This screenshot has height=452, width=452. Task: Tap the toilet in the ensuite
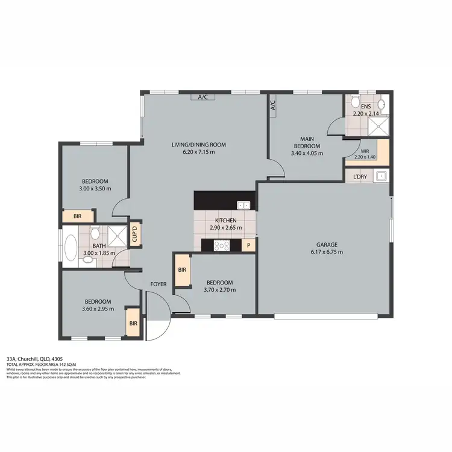pos(357,101)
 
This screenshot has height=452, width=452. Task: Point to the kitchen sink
pos(243,205)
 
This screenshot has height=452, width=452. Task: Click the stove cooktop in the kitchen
pos(222,245)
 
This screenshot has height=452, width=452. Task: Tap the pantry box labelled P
pos(248,245)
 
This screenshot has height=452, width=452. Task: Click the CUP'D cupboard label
pos(136,233)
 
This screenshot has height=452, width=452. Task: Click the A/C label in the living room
pos(202,97)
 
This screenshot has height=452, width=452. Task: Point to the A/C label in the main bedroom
pos(272,107)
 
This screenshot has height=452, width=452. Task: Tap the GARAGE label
pos(327,245)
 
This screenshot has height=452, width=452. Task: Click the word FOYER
pos(159,285)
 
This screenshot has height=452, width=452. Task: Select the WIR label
pos(365,152)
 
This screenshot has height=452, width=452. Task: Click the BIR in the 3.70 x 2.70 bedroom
pos(182,271)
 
